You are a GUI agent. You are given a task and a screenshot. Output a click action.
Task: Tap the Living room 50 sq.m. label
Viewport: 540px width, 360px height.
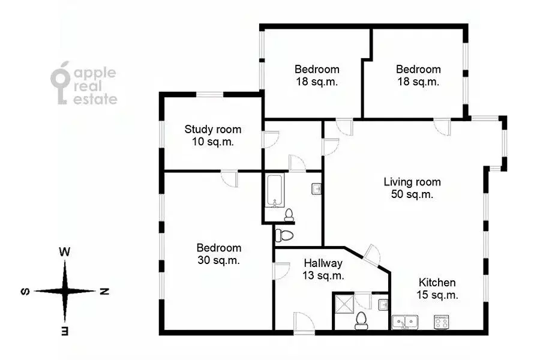point(412,188)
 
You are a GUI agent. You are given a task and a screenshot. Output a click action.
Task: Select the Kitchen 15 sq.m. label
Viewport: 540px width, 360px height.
point(437,289)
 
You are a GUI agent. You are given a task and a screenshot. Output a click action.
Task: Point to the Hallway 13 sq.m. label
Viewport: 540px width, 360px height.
point(323,269)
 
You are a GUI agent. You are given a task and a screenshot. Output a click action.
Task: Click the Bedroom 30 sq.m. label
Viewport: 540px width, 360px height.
point(219,254)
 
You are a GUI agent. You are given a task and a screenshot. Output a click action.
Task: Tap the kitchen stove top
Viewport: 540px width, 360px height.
point(442,322)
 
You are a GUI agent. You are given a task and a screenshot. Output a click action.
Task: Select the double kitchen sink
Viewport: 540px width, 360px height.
point(405,322)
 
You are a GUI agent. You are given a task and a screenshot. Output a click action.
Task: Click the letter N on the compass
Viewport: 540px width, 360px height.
point(103,292)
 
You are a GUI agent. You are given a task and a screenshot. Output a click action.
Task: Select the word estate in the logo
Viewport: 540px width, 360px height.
point(95,100)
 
